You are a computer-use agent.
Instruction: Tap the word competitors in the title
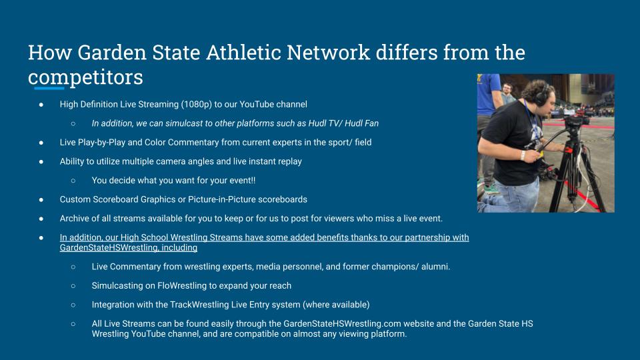[86, 77]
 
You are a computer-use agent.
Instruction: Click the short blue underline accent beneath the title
[49, 88]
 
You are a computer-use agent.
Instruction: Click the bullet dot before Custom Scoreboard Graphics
[41, 200]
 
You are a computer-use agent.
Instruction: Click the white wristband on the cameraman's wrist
[523, 155]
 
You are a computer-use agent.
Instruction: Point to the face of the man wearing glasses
[508, 89]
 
